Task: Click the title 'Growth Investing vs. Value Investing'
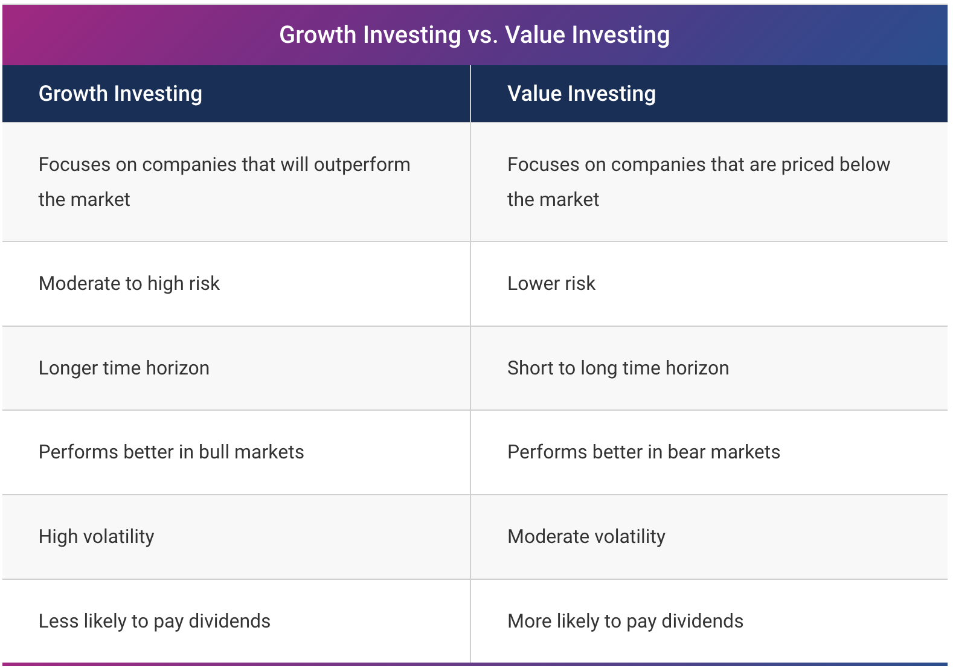click(x=474, y=35)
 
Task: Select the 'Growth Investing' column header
click(x=120, y=94)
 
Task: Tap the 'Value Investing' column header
click(x=582, y=94)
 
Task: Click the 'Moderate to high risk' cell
click(x=129, y=283)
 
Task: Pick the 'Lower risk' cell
click(x=551, y=283)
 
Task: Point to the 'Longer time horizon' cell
click(x=124, y=368)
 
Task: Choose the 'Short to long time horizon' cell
click(x=618, y=368)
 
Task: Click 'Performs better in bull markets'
click(x=172, y=452)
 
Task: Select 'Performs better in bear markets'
click(x=644, y=452)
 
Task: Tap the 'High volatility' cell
click(x=96, y=536)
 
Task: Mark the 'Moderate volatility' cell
click(x=586, y=536)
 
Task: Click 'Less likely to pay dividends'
click(x=155, y=621)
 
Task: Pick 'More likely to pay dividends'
click(x=626, y=621)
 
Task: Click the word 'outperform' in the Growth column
click(x=362, y=165)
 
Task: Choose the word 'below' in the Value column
click(x=865, y=165)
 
